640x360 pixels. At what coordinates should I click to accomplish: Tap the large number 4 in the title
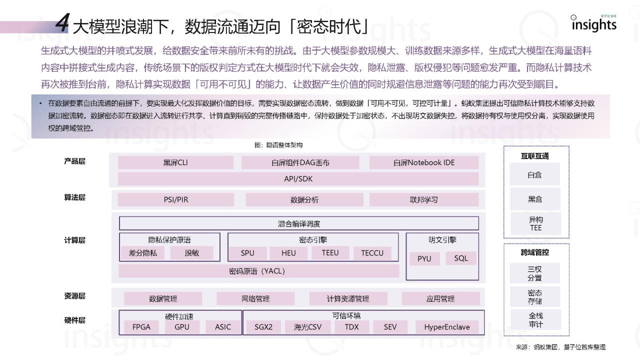62,23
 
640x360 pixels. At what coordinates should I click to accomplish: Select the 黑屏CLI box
175,162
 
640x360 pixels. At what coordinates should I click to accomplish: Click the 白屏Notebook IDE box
424,162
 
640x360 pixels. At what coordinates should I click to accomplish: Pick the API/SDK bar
298,179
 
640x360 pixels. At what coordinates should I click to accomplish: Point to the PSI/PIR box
175,199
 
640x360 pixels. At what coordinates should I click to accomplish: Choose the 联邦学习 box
424,199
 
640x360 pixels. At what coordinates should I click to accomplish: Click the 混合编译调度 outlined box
299,223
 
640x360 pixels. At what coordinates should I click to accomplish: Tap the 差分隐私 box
143,253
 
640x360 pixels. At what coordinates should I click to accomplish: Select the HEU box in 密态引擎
288,253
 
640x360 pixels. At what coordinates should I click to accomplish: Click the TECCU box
372,253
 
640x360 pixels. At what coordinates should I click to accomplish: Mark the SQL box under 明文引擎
461,258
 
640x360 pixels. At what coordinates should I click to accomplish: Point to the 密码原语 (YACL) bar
258,271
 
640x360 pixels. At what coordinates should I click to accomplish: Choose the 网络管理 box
255,298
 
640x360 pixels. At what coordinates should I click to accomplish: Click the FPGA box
141,327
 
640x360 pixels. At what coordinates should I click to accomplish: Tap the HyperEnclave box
447,327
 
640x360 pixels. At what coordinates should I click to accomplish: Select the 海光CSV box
307,327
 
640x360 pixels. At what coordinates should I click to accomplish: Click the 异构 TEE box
535,223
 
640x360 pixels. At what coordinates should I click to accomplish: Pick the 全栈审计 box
535,320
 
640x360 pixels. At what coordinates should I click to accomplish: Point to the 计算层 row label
74,240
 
